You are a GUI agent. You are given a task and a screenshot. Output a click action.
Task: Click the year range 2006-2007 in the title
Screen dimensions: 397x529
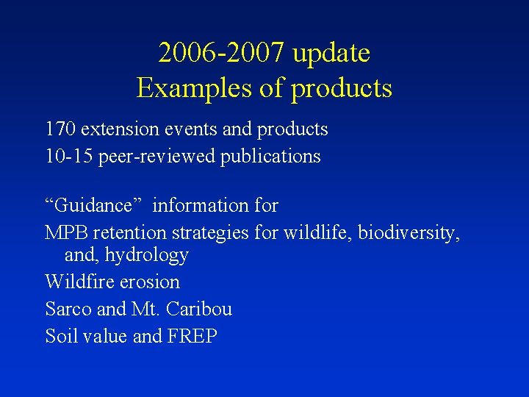point(221,54)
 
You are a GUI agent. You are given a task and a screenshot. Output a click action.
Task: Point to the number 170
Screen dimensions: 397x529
point(60,130)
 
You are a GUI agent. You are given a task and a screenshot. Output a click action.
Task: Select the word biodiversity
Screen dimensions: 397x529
point(409,234)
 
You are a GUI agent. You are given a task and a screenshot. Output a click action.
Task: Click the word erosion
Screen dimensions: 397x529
point(153,282)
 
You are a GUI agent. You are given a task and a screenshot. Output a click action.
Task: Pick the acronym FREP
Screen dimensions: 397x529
point(192,337)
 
